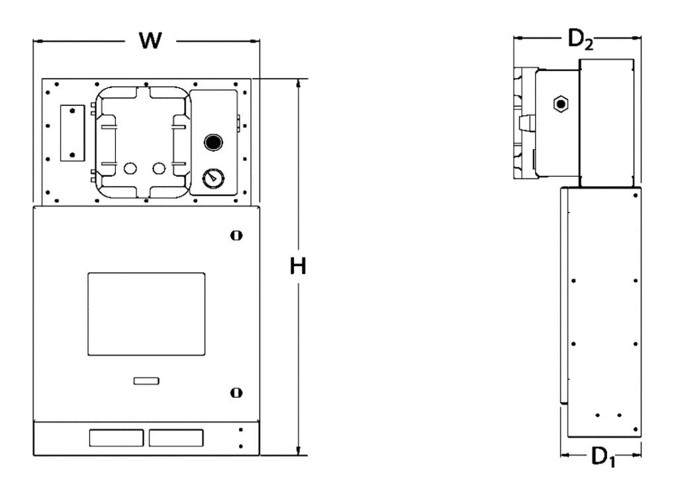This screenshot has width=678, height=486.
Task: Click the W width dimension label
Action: point(151,40)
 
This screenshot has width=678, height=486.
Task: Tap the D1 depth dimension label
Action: point(602,457)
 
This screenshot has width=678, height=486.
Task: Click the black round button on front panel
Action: point(213,142)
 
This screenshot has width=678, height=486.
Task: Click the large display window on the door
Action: point(146,313)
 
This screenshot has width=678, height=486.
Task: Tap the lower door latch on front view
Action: point(235,393)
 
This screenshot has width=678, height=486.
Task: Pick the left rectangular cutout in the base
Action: point(115,438)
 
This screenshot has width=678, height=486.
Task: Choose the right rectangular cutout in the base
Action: point(175,438)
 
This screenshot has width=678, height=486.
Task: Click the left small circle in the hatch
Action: point(130,169)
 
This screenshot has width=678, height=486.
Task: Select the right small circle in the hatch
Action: point(158,169)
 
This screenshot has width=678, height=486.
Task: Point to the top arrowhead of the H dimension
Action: point(300,82)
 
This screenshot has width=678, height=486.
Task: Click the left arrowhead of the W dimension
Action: point(37,42)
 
